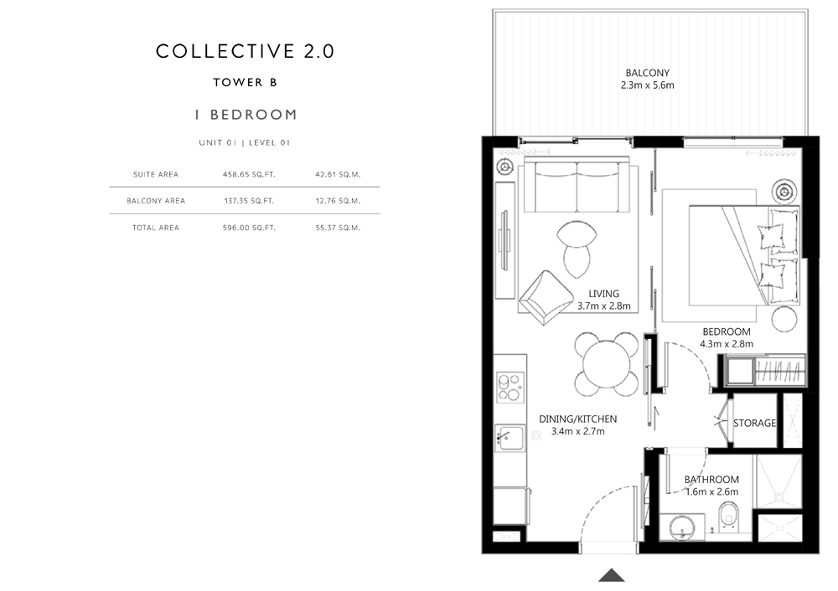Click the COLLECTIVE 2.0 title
[245, 51]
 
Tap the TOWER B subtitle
[246, 82]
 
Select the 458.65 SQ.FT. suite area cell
[249, 174]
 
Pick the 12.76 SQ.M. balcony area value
[338, 201]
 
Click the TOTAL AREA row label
[156, 228]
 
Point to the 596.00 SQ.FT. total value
[249, 228]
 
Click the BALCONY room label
[647, 73]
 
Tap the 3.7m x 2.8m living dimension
[604, 306]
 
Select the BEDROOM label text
[727, 331]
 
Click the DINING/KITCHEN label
[577, 419]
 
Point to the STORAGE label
[754, 423]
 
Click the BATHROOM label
[711, 480]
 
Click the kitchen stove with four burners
[510, 387]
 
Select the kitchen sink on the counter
[510, 438]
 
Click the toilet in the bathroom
[727, 516]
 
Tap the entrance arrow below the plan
[612, 575]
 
